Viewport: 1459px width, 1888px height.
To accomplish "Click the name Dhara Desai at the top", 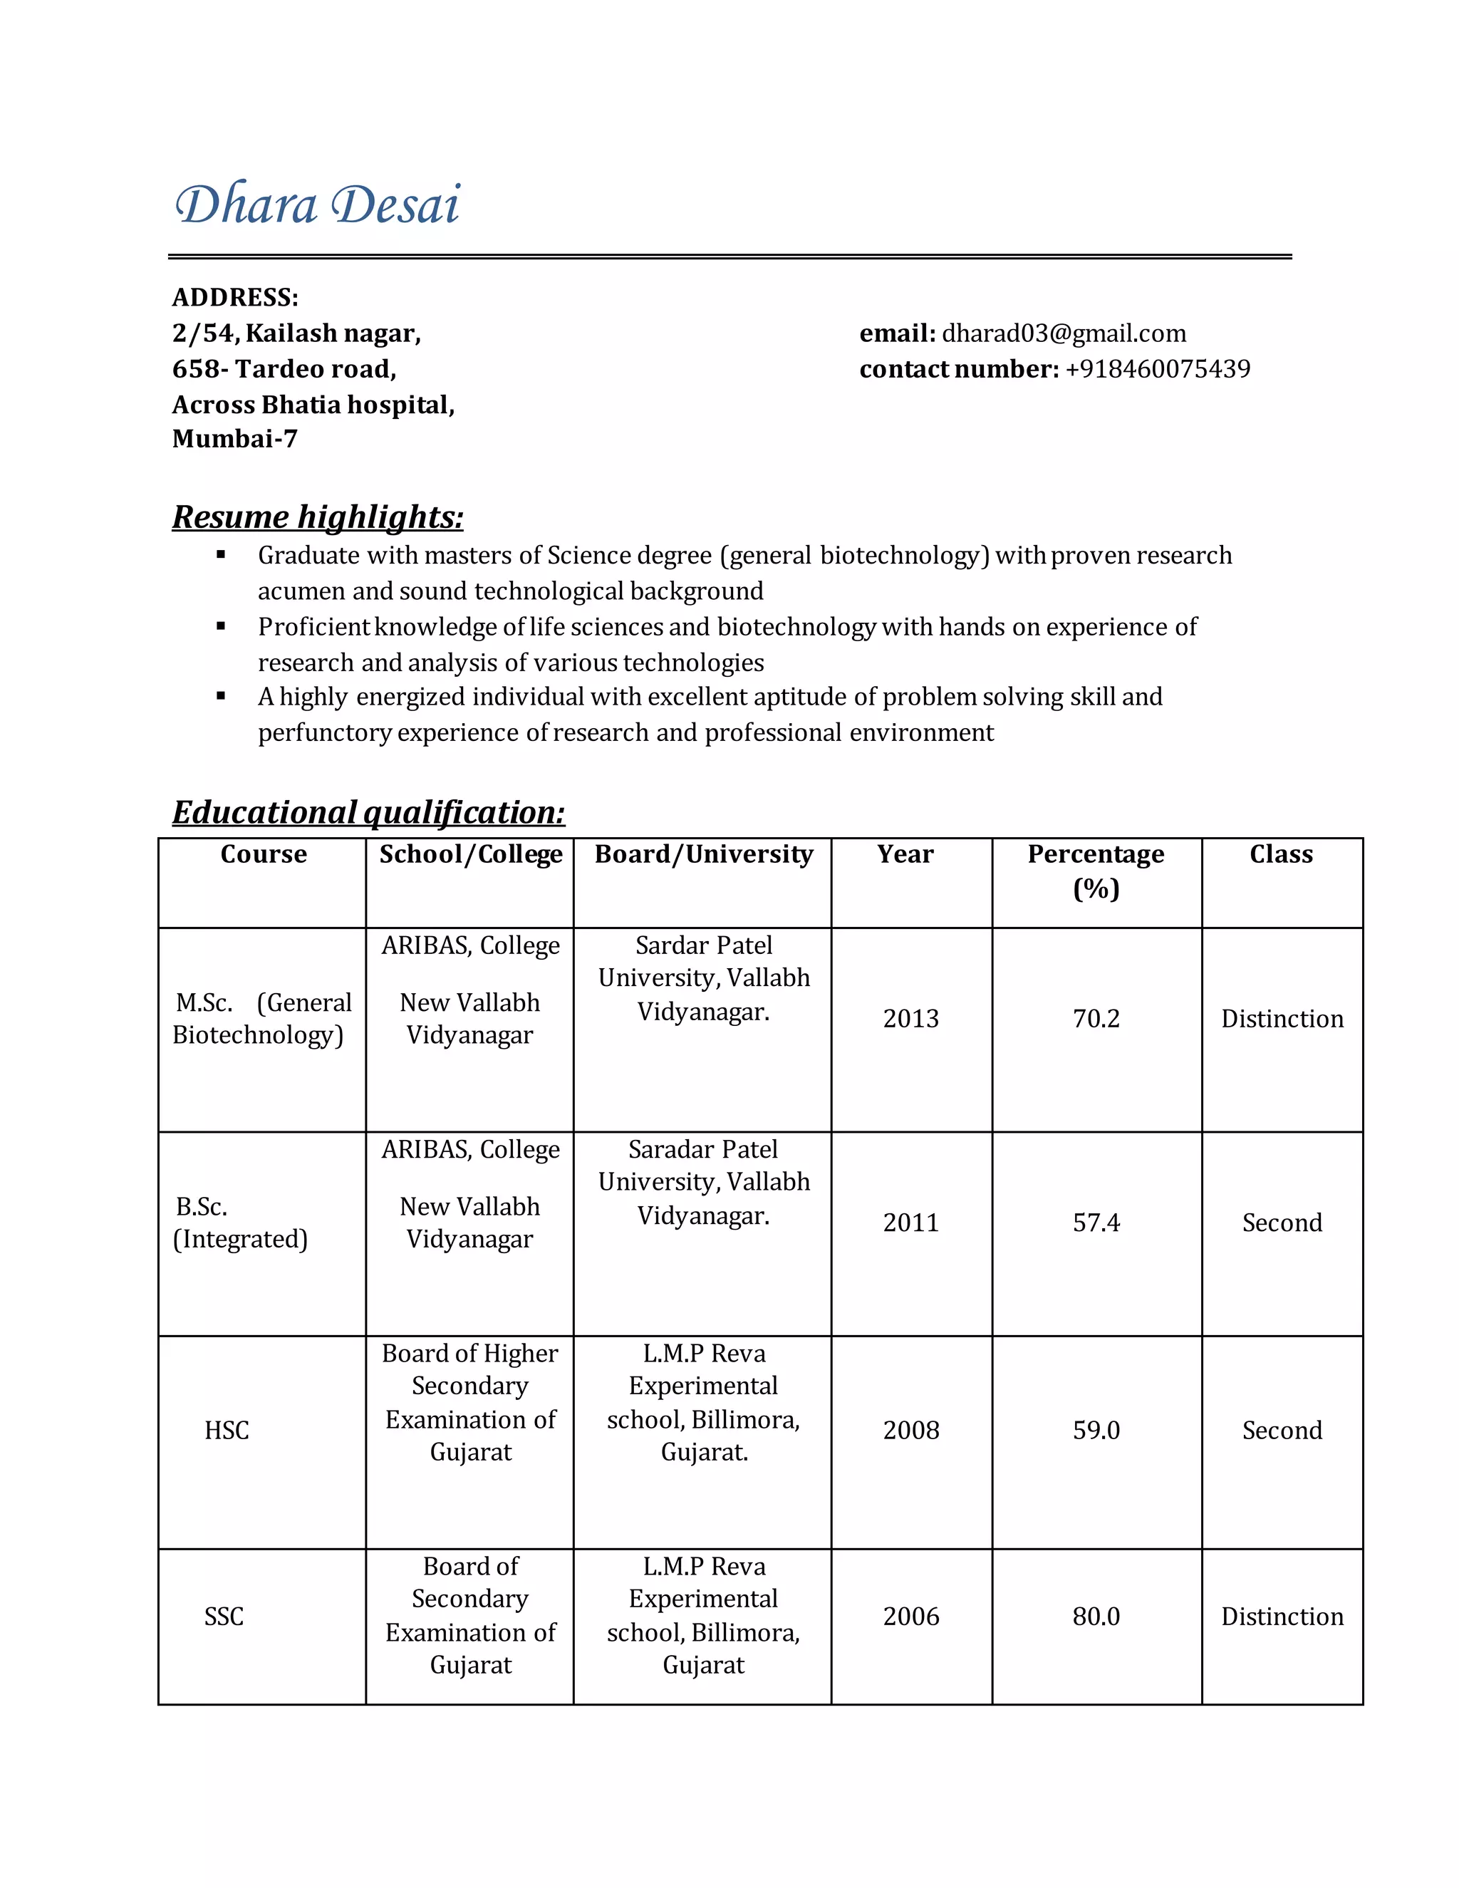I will pyautogui.click(x=317, y=205).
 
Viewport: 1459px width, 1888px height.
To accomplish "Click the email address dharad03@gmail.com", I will pyautogui.click(x=1063, y=333).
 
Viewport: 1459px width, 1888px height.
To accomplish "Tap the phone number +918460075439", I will pyautogui.click(x=1158, y=369).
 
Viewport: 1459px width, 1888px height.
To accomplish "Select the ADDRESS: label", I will pyautogui.click(x=235, y=297).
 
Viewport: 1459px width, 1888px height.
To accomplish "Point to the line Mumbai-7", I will pyautogui.click(x=235, y=439).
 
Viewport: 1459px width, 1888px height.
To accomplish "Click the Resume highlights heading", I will pyautogui.click(x=317, y=517).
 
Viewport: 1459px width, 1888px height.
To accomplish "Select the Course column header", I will pyautogui.click(x=264, y=854).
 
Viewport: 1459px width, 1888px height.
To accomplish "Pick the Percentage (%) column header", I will pyautogui.click(x=1095, y=871).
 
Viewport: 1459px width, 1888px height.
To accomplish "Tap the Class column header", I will pyautogui.click(x=1281, y=854).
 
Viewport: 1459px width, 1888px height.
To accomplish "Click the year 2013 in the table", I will pyautogui.click(x=910, y=1018).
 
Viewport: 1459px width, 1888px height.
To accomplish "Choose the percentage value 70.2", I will pyautogui.click(x=1095, y=1018).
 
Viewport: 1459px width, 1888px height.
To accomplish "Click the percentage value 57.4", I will pyautogui.click(x=1095, y=1223).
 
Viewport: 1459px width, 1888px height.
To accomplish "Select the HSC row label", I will pyautogui.click(x=227, y=1431).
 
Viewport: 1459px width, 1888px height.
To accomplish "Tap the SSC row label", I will pyautogui.click(x=224, y=1617).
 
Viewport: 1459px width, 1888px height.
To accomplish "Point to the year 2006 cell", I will pyautogui.click(x=910, y=1617).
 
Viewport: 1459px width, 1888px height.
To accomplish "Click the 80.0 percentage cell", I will pyautogui.click(x=1095, y=1617).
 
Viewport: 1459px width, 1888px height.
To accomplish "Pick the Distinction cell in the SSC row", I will pyautogui.click(x=1282, y=1617).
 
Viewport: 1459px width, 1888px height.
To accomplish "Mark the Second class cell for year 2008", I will pyautogui.click(x=1282, y=1431).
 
